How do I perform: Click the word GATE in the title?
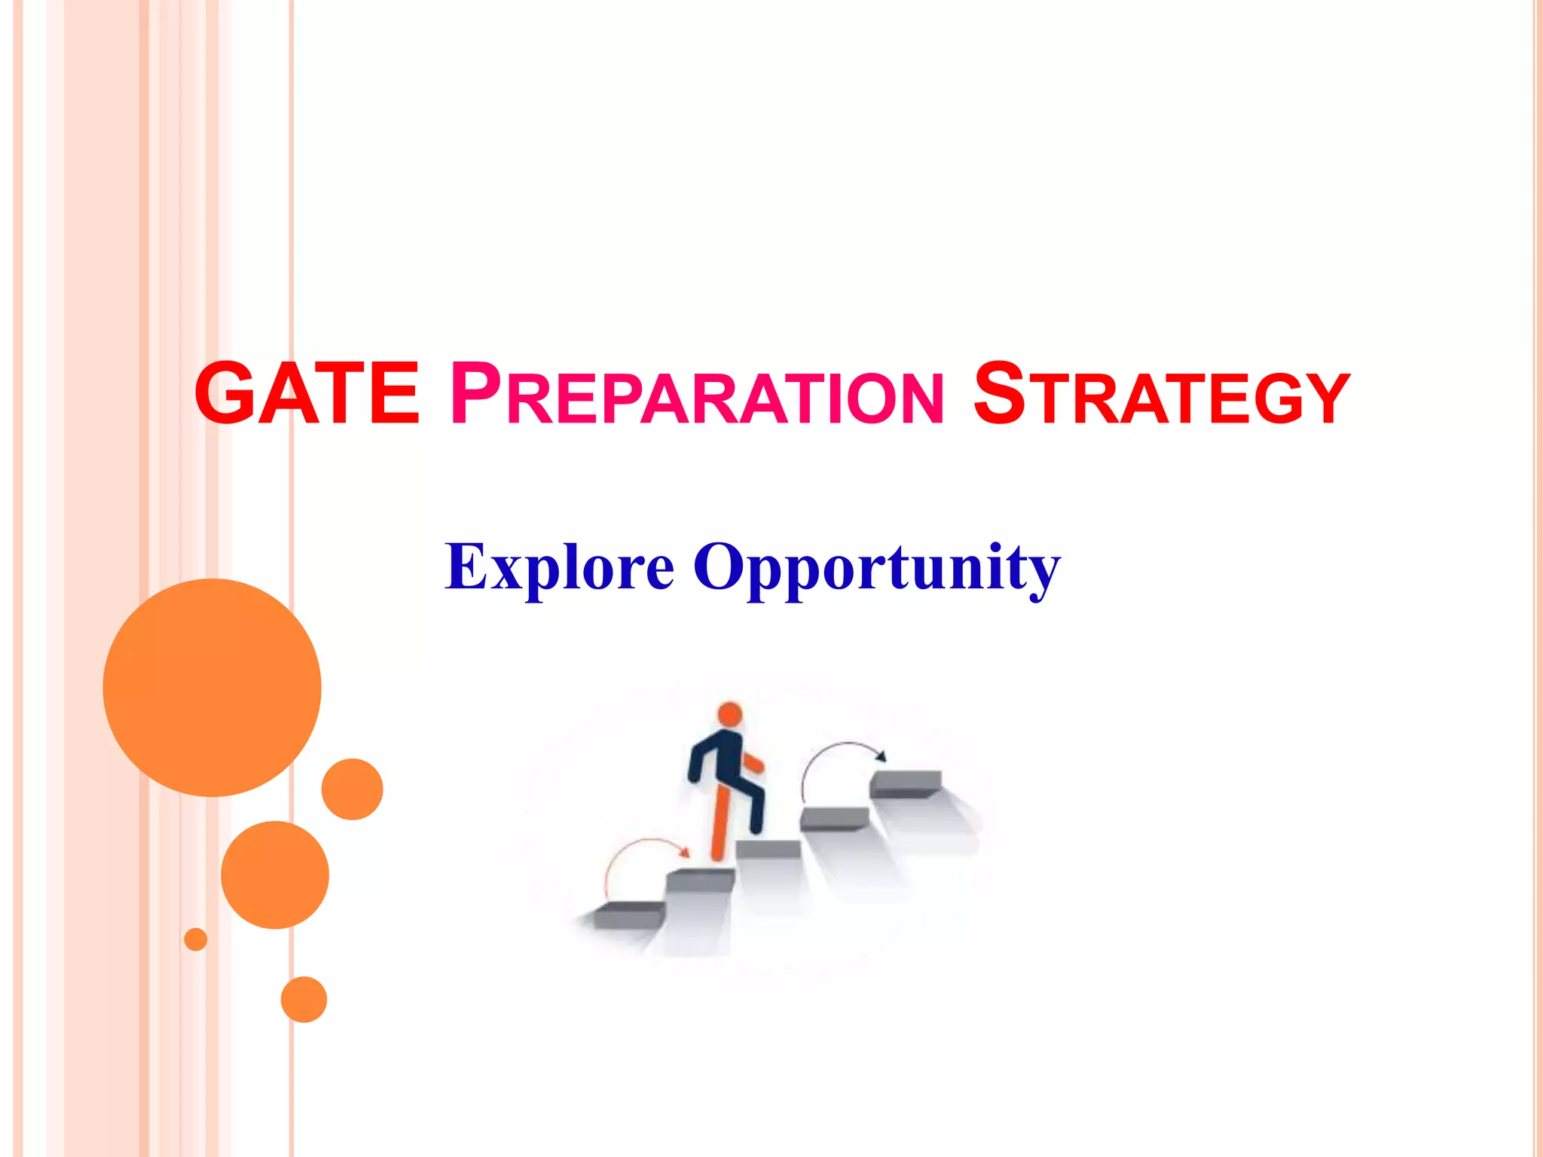point(306,394)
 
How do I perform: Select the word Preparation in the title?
point(696,394)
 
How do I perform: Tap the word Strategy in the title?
point(1161,394)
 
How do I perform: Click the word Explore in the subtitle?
point(559,566)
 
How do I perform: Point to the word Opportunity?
point(876,569)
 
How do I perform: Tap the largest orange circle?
point(212,687)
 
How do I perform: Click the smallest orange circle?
point(196,939)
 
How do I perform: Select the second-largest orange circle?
point(275,875)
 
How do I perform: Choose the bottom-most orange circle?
point(304,1000)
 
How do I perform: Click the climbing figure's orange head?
point(729,714)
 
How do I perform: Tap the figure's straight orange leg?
point(720,821)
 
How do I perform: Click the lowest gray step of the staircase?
point(629,915)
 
